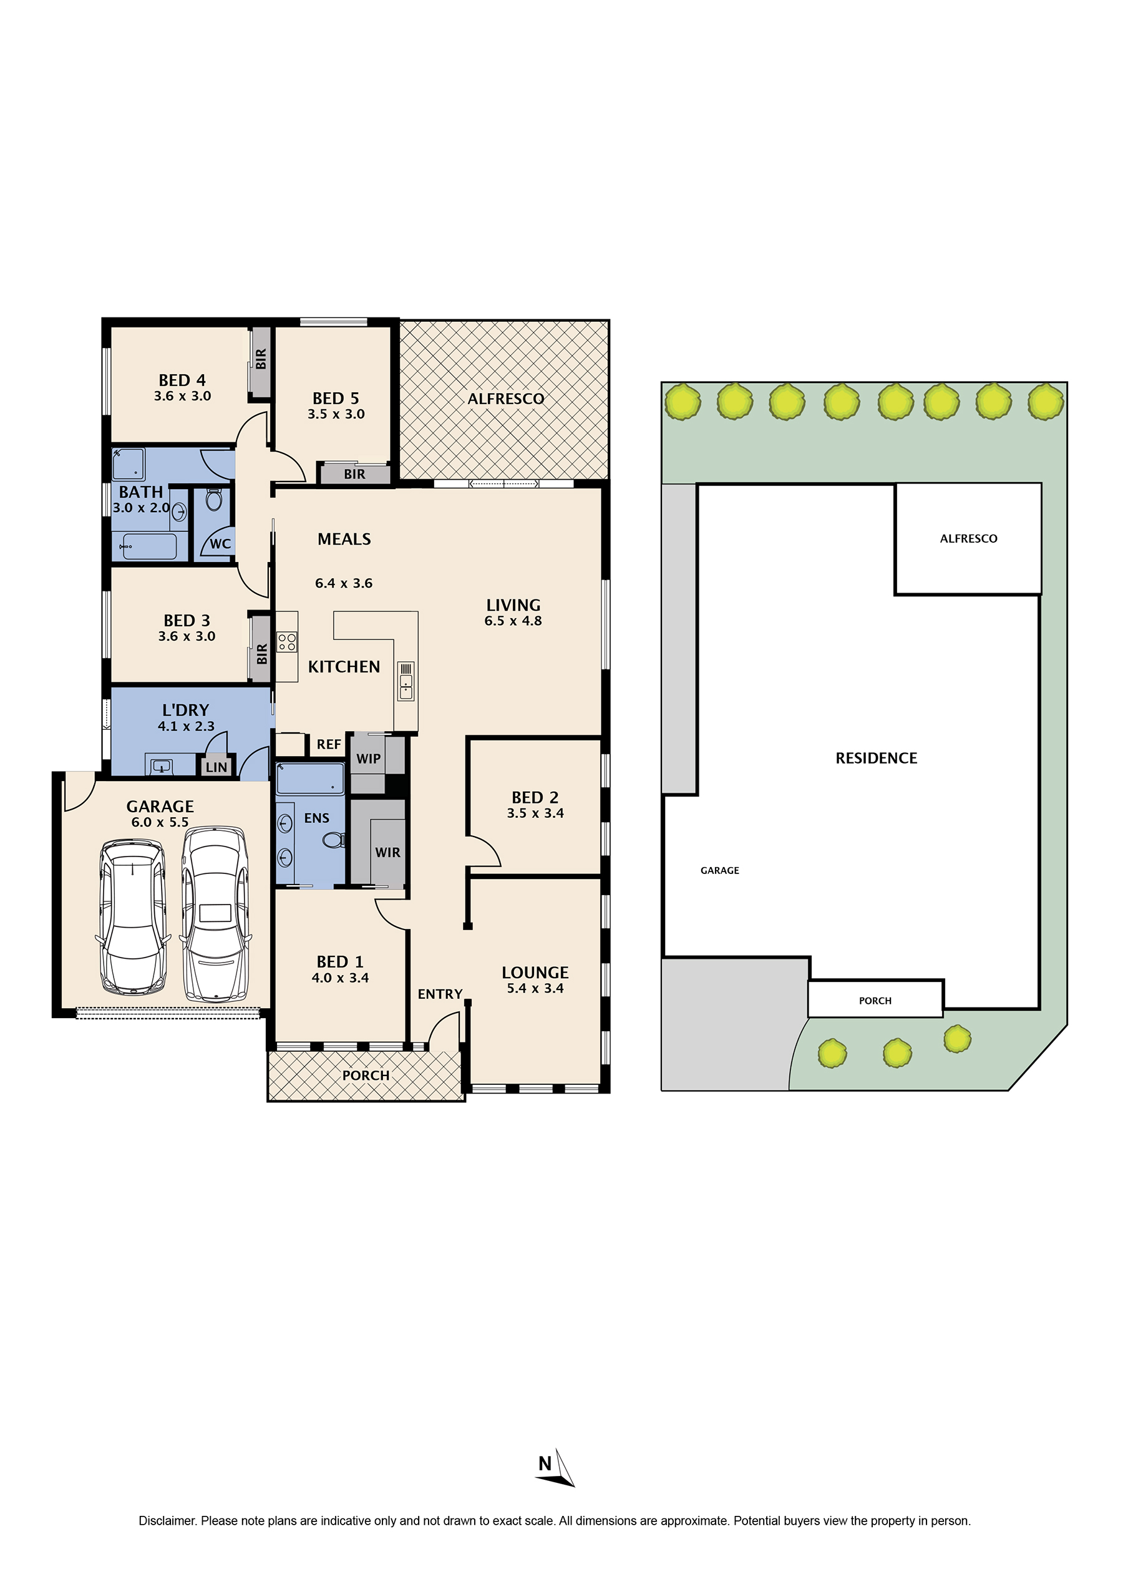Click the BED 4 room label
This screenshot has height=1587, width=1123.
(x=182, y=381)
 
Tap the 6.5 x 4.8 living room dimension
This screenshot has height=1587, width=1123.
(x=513, y=621)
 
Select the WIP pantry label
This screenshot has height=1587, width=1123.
(x=368, y=759)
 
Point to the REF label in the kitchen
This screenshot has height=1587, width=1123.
(x=329, y=744)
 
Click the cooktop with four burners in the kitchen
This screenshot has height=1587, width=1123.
(x=287, y=643)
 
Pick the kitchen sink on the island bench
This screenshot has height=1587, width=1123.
(x=406, y=681)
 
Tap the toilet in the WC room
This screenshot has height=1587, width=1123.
(x=213, y=500)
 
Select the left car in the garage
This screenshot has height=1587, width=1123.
(x=133, y=918)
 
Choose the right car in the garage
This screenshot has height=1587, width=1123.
(x=215, y=914)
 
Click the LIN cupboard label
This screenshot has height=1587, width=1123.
(x=216, y=767)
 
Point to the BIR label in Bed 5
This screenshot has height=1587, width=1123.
(x=355, y=474)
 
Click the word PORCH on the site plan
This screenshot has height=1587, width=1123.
(x=875, y=1001)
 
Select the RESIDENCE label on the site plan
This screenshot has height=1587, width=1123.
(x=876, y=758)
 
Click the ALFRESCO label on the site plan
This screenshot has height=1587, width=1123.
(x=968, y=539)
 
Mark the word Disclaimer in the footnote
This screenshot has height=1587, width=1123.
(x=168, y=1521)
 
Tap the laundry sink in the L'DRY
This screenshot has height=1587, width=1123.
(x=161, y=766)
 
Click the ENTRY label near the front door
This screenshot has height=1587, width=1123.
(x=440, y=994)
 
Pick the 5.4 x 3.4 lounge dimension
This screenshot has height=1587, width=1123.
(x=535, y=989)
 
